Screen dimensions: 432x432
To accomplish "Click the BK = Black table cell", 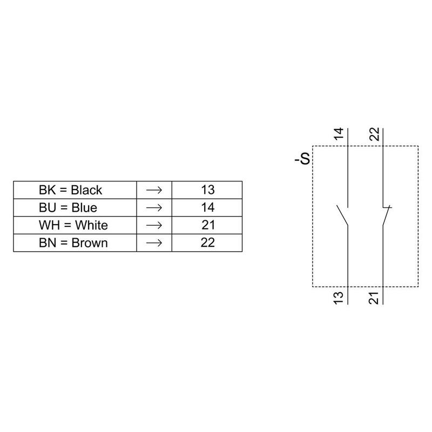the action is (x=75, y=190).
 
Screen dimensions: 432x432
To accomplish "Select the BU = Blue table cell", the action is (x=75, y=208).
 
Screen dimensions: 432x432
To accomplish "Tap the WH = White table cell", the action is (x=75, y=225).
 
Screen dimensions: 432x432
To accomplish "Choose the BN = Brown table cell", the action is (x=75, y=243).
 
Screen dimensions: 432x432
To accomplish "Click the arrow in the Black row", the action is (x=154, y=190).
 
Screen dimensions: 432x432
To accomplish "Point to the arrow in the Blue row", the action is (x=154, y=208).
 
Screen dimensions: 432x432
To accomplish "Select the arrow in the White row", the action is (x=154, y=225).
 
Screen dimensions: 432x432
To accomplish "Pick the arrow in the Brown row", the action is (x=154, y=243).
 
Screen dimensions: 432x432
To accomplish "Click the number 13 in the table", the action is (x=208, y=190).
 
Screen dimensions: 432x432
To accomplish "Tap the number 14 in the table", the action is (x=208, y=207).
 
